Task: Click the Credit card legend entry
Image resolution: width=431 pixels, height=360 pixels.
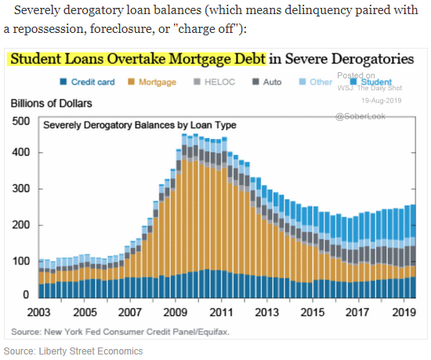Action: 88,82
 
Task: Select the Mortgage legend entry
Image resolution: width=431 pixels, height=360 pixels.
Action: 152,82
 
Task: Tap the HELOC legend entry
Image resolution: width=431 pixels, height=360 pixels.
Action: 215,82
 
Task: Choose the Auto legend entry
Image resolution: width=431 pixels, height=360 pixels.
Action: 267,82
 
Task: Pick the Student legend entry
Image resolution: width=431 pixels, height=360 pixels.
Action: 371,82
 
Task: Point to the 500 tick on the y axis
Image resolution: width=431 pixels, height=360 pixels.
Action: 21,122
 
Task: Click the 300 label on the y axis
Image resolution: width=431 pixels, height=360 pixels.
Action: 21,189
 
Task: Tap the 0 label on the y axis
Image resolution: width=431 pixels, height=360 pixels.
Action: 26,295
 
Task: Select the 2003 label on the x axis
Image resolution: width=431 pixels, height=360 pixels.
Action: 38,312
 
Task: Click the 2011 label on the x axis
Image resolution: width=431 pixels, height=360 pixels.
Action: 221,312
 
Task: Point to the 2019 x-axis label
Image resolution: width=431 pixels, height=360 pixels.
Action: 404,312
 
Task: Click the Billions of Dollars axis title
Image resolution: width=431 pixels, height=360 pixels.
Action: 52,104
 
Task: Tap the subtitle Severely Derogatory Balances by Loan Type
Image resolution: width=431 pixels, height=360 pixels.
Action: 139,125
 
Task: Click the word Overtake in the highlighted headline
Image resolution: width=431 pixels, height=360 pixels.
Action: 137,59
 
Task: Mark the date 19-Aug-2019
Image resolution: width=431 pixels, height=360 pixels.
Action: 382,100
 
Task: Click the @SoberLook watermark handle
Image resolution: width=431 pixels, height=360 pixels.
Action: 360,117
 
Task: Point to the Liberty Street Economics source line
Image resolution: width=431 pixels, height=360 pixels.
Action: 73,351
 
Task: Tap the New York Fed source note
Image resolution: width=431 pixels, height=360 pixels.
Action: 120,332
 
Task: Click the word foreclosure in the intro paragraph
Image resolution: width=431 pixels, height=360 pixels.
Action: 121,28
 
